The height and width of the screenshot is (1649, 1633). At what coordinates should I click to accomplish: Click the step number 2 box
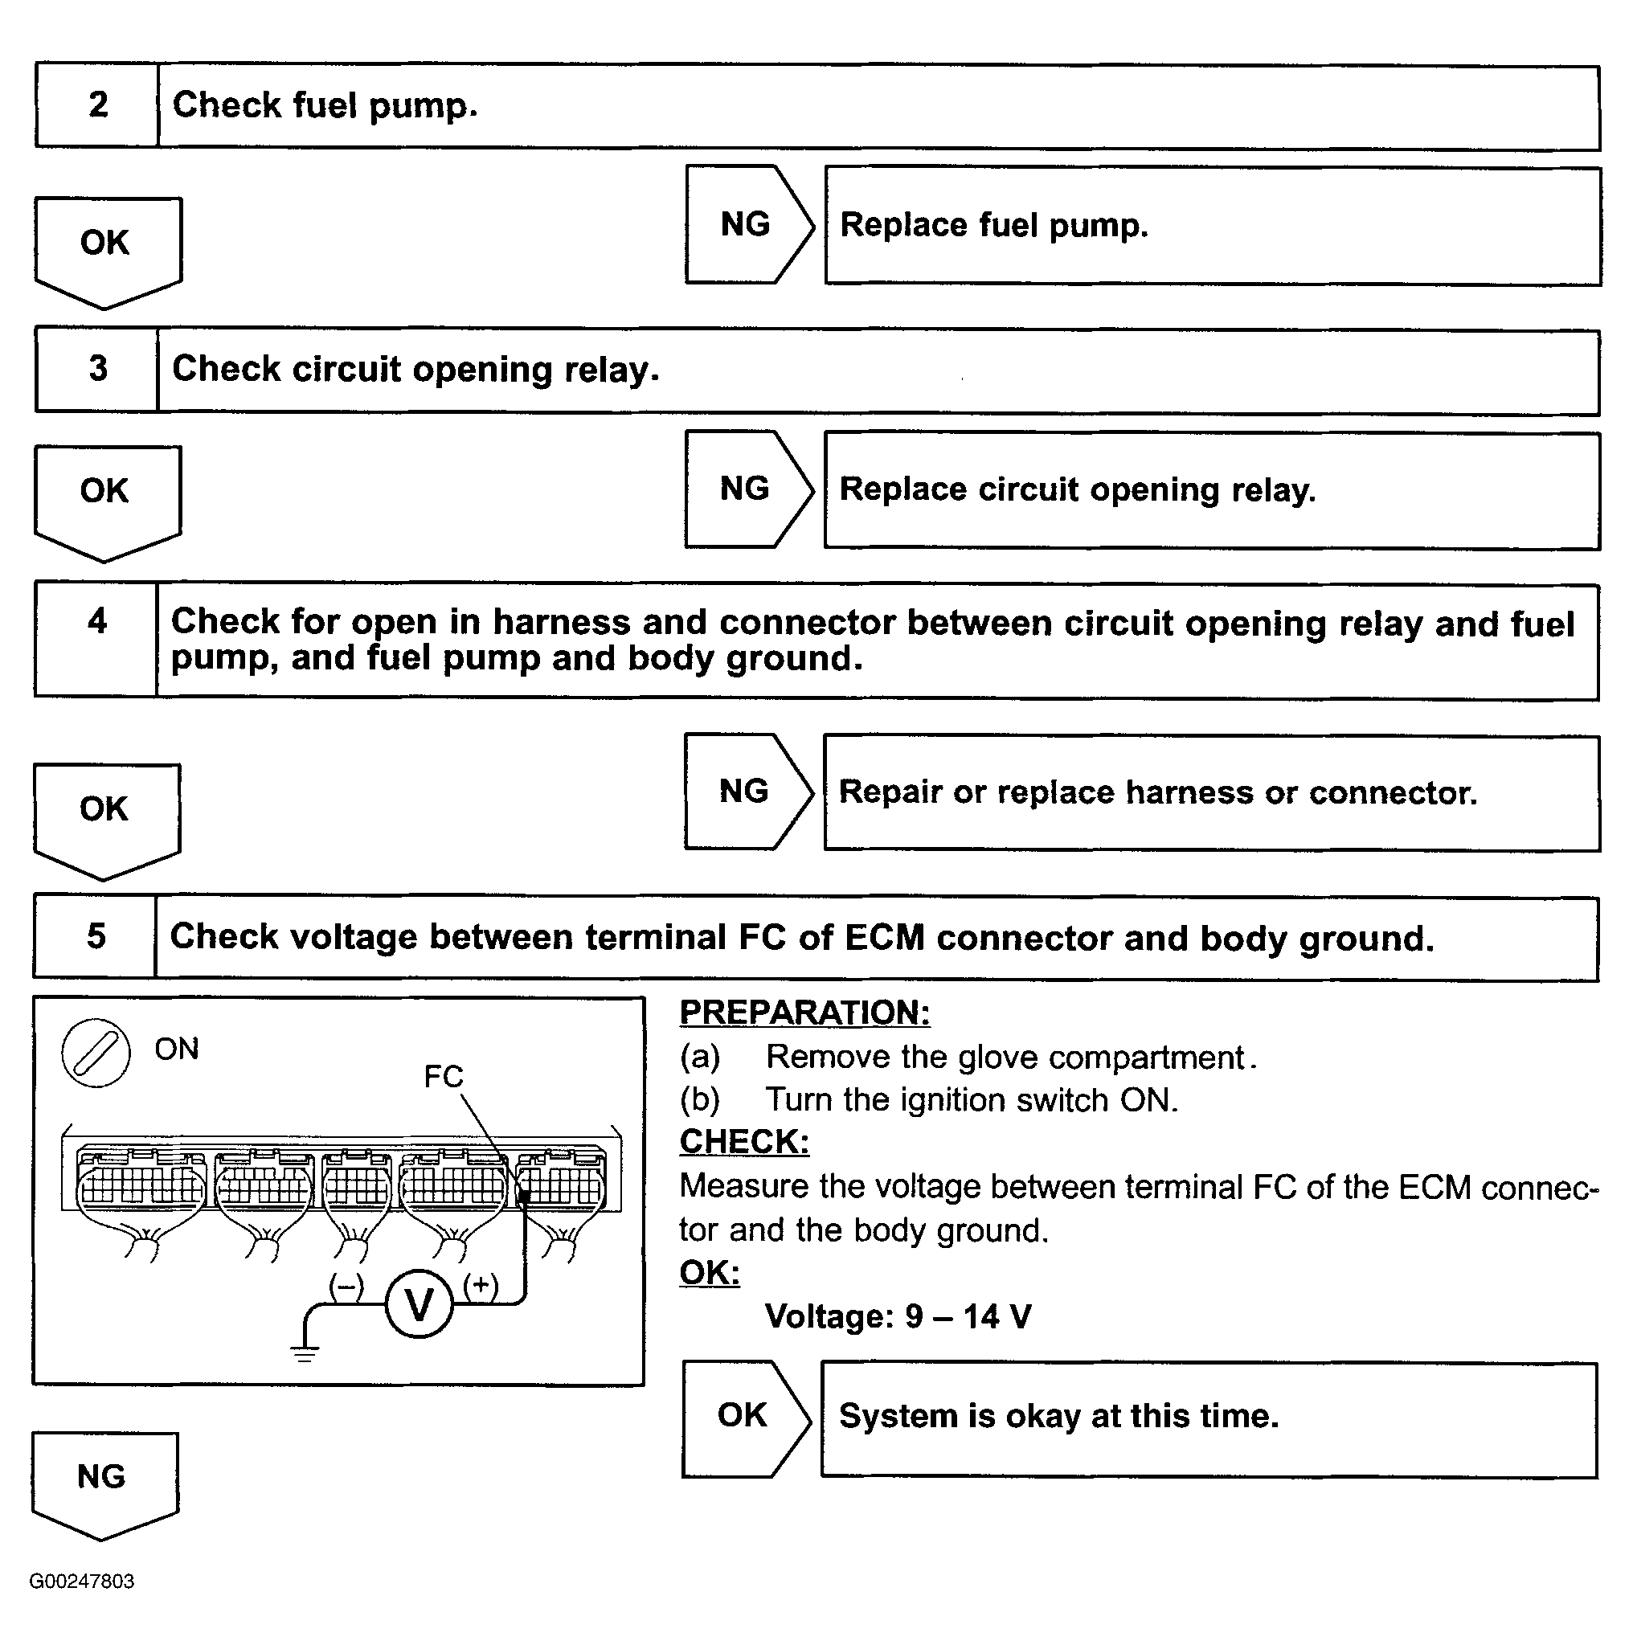[97, 106]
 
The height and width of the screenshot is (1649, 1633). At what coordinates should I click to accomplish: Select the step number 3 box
[97, 370]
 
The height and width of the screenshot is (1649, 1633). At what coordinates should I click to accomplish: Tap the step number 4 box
[96, 640]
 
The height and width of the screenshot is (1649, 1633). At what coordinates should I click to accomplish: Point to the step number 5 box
[96, 936]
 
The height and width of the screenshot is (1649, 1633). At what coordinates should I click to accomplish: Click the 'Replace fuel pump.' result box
[1212, 226]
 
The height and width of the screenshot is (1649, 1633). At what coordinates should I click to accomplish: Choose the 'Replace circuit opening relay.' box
[1211, 491]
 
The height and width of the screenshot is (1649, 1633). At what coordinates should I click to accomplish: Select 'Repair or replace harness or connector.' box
[1211, 793]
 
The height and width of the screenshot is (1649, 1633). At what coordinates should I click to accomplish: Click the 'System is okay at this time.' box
[1209, 1416]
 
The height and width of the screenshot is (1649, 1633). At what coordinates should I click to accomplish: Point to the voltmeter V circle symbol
[420, 1304]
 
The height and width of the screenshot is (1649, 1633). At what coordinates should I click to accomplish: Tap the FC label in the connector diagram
[444, 1077]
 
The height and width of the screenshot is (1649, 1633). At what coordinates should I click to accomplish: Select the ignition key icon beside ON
[96, 1053]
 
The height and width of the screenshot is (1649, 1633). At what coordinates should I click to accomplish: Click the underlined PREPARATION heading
[804, 1013]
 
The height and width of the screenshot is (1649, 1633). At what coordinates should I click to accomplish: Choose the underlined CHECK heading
[744, 1142]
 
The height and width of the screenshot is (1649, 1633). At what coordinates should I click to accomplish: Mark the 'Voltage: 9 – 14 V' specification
[898, 1317]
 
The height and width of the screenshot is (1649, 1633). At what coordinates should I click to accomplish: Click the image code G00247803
[82, 1581]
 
